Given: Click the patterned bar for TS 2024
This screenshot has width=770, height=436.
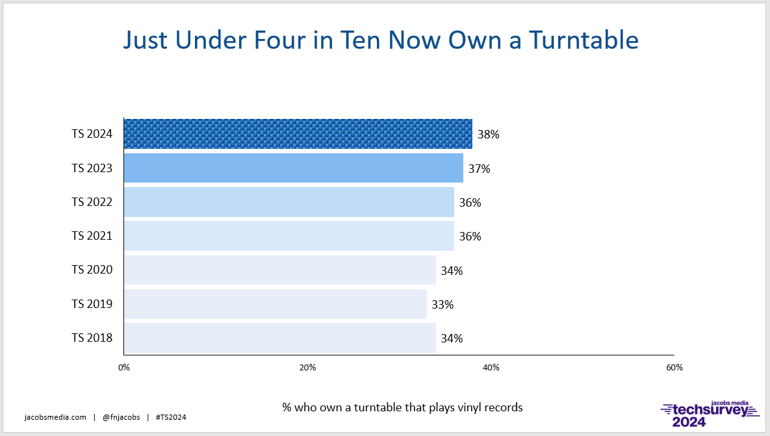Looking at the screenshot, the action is pos(298,134).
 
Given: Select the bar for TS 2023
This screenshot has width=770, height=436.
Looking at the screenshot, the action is pos(294,168).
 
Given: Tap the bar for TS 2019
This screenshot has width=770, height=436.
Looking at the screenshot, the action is pos(276,304).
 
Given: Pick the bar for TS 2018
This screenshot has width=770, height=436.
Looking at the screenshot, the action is pos(280,338).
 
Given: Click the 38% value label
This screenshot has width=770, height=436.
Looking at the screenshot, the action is pos(489,135).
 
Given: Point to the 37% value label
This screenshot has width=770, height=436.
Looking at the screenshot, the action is pos(480,169).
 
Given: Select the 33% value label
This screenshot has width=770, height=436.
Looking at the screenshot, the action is pos(443,305).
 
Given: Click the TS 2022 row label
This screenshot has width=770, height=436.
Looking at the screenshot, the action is pos(92,202).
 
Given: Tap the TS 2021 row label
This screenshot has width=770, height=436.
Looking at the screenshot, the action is pos(92,236).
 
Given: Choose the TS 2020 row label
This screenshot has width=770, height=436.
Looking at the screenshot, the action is pos(92,270).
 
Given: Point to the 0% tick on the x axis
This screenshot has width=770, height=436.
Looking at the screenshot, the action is pos(123,367).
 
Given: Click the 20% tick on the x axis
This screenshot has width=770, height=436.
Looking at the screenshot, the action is pos(307,367).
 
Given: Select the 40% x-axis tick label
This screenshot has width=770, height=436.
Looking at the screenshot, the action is pos(491,367).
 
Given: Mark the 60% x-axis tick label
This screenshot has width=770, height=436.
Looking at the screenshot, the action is pos(674,367).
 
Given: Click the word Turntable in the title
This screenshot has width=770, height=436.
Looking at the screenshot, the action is pos(584,40).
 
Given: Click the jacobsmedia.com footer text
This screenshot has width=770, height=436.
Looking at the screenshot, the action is pos(55,417).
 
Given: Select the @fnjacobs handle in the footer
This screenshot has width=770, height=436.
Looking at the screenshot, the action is pos(122,417).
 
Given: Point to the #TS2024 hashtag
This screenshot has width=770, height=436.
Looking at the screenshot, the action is pos(171,417).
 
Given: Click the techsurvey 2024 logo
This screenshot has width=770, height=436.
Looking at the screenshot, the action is pos(710,414).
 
